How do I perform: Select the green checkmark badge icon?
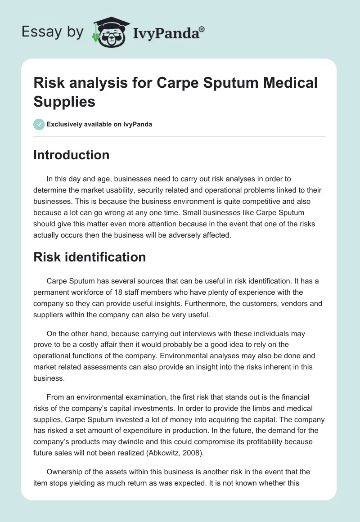(x=39, y=124)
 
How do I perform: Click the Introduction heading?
(x=72, y=155)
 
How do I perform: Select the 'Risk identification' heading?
(x=90, y=257)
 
